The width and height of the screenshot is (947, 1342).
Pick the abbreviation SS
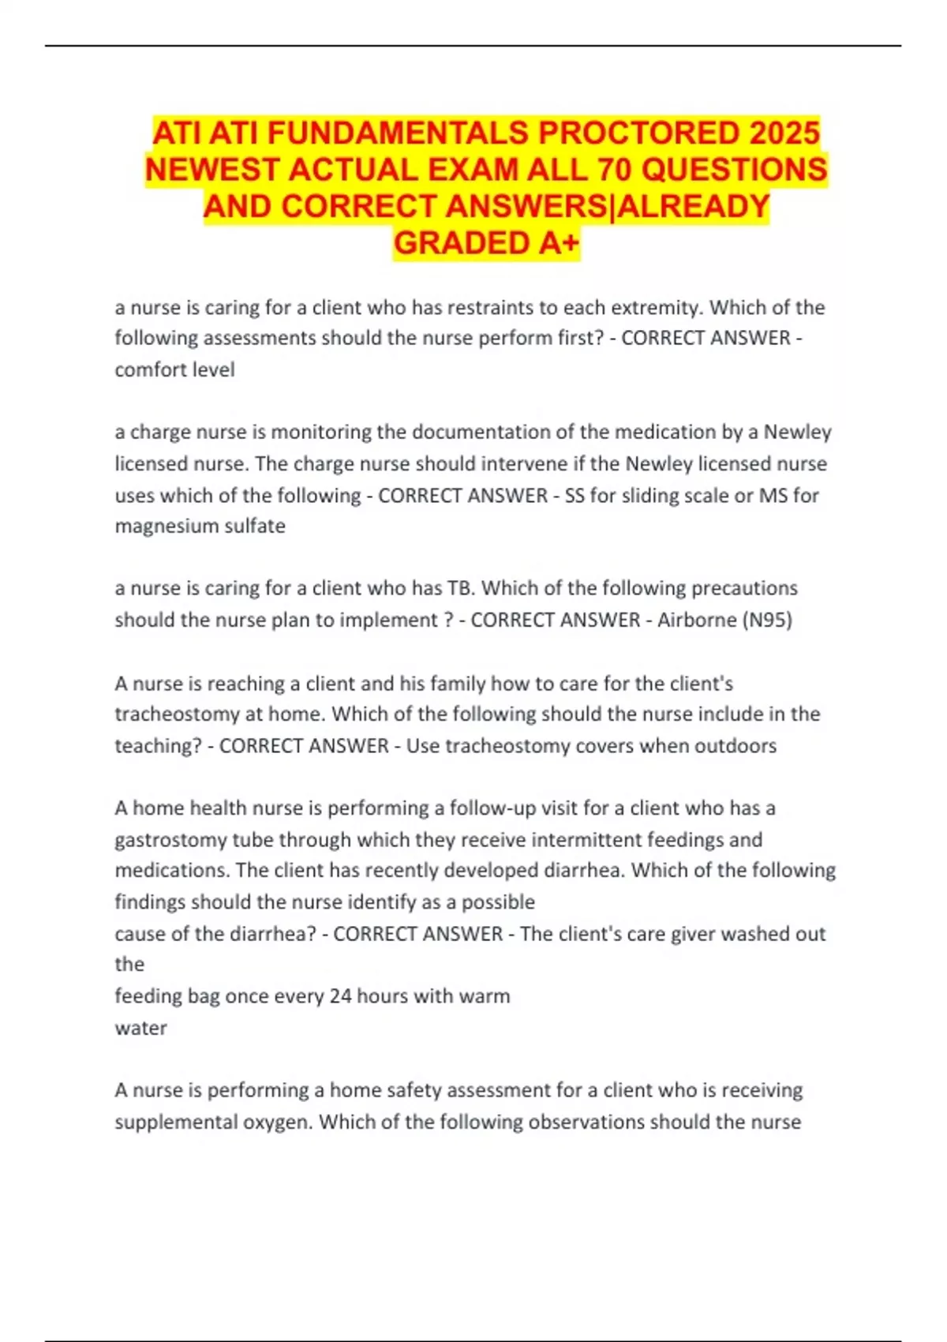pos(575,495)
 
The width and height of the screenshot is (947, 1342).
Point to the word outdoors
pos(736,745)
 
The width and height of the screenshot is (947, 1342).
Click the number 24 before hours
pos(340,995)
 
